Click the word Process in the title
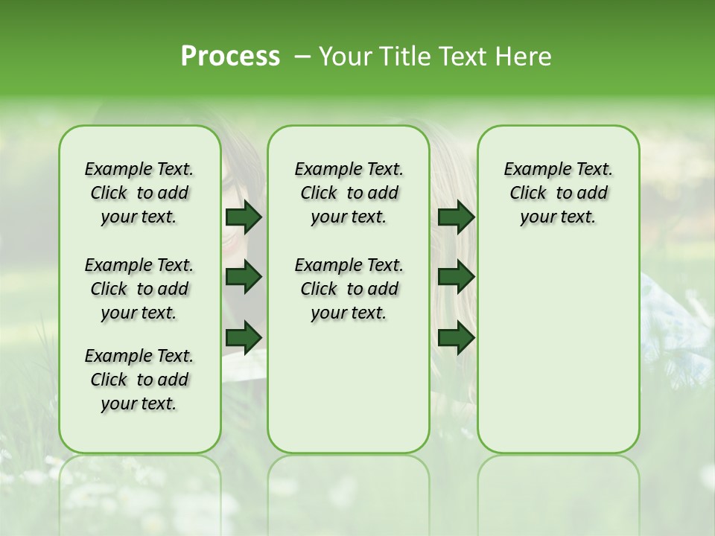point(230,57)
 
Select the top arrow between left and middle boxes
point(244,217)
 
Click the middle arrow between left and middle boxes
point(244,277)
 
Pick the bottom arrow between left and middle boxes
point(244,337)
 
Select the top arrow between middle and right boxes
point(456,217)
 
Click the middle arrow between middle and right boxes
point(456,277)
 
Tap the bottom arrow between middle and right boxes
point(456,337)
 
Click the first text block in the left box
point(139,193)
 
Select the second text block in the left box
point(139,289)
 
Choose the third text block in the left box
point(139,380)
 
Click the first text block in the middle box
point(349,193)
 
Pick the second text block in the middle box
point(349,289)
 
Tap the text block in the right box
point(558,193)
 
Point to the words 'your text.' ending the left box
point(139,403)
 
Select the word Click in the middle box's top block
point(319,194)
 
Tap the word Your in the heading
point(346,57)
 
